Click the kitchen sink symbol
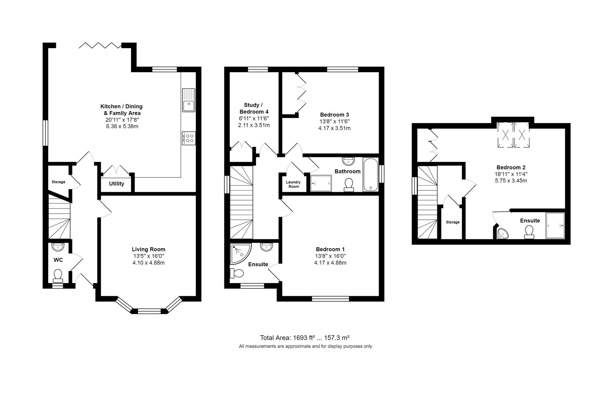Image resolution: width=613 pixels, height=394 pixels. [x=189, y=100]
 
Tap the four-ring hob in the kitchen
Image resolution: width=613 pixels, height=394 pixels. [x=189, y=138]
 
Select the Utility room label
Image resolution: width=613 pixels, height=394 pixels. [x=116, y=184]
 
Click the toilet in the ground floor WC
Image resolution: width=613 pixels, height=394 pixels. [x=58, y=276]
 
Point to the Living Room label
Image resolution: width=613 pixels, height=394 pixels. [x=148, y=249]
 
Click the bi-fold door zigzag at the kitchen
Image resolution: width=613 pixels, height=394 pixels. [x=100, y=45]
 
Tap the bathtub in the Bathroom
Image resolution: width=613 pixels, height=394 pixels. [x=371, y=175]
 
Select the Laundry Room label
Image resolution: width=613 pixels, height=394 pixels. [x=293, y=184]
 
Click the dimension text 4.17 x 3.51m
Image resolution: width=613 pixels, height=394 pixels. [x=334, y=128]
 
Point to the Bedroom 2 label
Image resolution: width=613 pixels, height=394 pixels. [x=510, y=167]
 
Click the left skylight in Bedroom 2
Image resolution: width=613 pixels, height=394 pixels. [x=506, y=135]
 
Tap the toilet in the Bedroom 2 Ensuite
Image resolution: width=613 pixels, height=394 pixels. [x=529, y=232]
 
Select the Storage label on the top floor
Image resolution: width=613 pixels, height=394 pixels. [x=452, y=222]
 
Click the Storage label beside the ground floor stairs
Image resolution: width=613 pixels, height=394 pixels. [x=58, y=182]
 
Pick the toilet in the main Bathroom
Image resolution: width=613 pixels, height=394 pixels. [x=349, y=185]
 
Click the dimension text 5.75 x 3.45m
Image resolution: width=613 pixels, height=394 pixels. [x=510, y=181]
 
